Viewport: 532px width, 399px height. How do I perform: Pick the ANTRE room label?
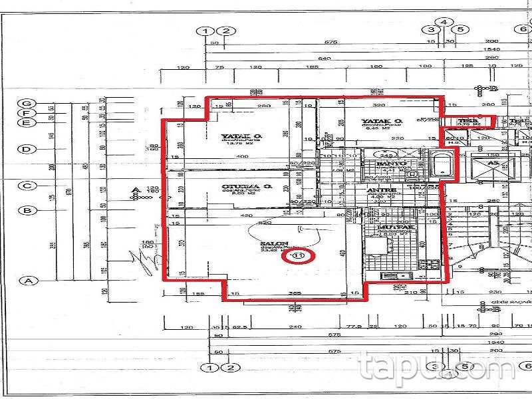coord(381,190)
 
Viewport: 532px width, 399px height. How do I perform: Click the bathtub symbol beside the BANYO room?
coord(442,164)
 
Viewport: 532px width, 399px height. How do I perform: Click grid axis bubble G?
coord(27,104)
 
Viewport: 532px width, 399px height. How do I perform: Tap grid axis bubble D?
coord(27,149)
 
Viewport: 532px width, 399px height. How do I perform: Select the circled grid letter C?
coord(27,186)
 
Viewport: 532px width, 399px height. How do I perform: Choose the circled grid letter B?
coord(27,211)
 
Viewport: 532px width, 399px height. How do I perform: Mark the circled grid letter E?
coord(27,122)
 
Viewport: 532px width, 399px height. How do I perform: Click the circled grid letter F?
coord(27,113)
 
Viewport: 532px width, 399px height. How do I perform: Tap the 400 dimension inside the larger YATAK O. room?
coord(243,156)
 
